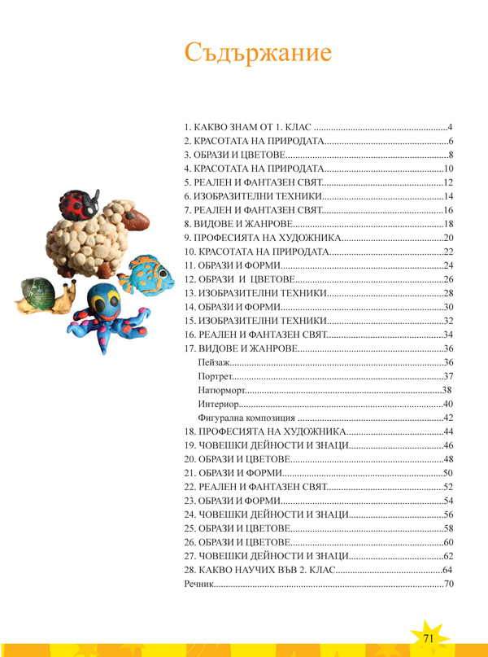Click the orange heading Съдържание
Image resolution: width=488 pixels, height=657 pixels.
point(257,54)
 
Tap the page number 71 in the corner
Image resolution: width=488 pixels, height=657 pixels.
point(428,637)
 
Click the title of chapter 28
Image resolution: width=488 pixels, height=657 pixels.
point(258,570)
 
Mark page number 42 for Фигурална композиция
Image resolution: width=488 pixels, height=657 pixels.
point(447,418)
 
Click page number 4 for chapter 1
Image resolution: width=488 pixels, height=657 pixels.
point(449,128)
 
